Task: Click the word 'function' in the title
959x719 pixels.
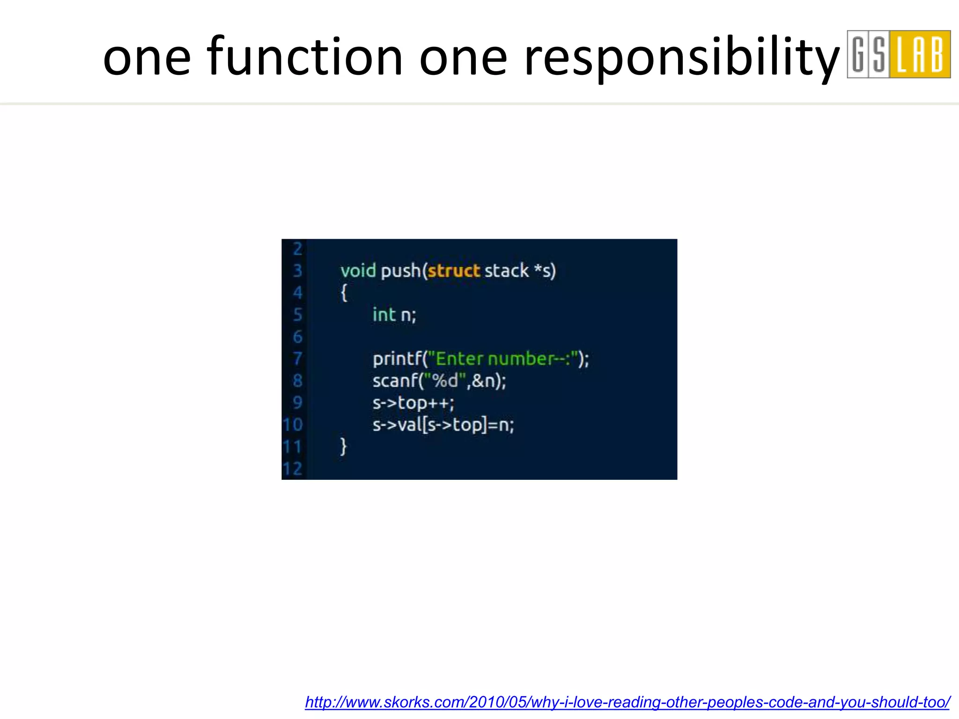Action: pos(304,57)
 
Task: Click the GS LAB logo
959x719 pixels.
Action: pos(898,54)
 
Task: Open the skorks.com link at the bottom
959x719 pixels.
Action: pos(627,702)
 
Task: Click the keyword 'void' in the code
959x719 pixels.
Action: pos(358,271)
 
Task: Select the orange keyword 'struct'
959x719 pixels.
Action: pos(454,271)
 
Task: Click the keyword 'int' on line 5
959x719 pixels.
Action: pos(384,315)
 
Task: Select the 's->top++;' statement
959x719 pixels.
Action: pos(413,403)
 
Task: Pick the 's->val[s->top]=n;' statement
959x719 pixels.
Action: pos(443,425)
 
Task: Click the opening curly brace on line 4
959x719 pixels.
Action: pos(344,293)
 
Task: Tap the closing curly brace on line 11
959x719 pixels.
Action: pos(344,447)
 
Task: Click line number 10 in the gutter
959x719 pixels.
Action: pos(293,425)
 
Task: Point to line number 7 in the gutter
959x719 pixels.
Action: pos(297,359)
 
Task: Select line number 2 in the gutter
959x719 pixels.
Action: pos(297,249)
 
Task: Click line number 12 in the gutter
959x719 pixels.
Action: pos(293,469)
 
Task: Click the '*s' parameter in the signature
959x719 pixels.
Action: pos(543,271)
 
